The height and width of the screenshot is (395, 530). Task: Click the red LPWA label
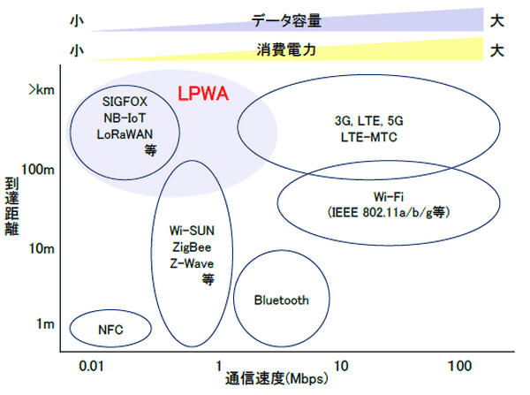click(204, 94)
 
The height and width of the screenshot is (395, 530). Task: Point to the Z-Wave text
click(192, 262)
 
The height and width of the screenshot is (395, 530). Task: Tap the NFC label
click(110, 330)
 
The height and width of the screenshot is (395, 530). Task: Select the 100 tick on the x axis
click(460, 366)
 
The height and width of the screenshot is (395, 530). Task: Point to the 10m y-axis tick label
click(42, 249)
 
